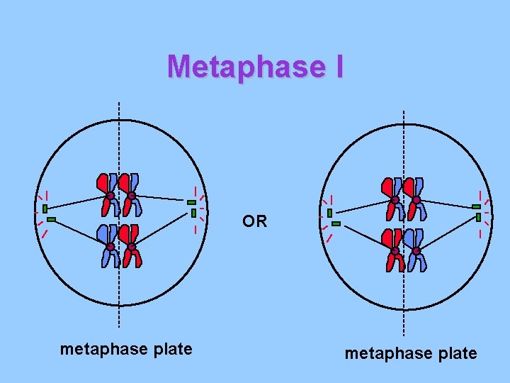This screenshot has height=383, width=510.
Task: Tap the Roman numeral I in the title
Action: click(x=338, y=67)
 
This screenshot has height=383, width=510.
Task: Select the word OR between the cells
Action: click(x=254, y=221)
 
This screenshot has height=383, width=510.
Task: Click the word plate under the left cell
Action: click(x=169, y=349)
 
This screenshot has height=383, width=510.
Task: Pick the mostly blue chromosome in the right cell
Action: click(x=416, y=250)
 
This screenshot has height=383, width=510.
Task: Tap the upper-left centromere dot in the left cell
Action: click(x=110, y=196)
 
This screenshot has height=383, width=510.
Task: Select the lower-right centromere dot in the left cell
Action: click(x=132, y=247)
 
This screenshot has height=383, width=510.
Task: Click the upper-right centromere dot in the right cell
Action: click(x=416, y=201)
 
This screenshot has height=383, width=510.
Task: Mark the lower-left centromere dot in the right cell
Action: click(x=395, y=252)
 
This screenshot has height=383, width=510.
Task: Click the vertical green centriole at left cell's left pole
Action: click(x=45, y=209)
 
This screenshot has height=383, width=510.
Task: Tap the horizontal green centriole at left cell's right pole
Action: click(x=191, y=202)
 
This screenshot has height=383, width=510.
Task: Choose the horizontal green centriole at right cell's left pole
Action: click(x=336, y=223)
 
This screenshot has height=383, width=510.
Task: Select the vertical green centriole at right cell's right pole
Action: click(x=478, y=216)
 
